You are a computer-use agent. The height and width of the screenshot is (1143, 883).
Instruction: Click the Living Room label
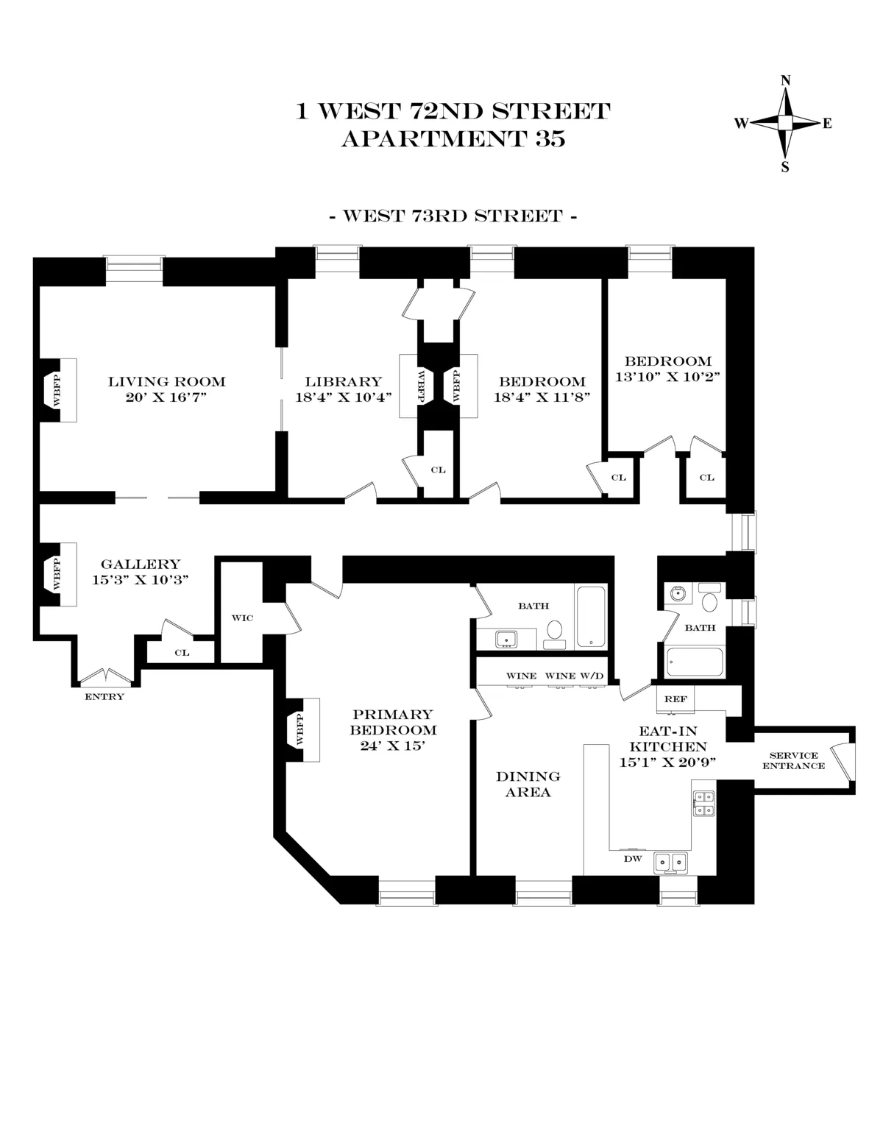pyautogui.click(x=166, y=381)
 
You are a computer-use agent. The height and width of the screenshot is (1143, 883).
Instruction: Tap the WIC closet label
pyautogui.click(x=242, y=617)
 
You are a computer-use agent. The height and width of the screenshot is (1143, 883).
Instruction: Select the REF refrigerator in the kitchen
pyautogui.click(x=675, y=698)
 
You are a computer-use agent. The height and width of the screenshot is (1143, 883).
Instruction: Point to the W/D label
pyautogui.click(x=591, y=676)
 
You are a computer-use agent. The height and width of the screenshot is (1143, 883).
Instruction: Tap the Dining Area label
pyautogui.click(x=528, y=785)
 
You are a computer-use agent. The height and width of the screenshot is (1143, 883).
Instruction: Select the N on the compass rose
pyautogui.click(x=785, y=80)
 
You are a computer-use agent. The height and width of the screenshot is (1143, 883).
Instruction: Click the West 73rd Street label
pyautogui.click(x=453, y=216)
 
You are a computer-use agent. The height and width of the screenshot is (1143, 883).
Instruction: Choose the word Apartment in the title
pyautogui.click(x=430, y=139)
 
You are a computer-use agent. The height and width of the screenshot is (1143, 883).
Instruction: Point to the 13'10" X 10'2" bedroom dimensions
pyautogui.click(x=667, y=376)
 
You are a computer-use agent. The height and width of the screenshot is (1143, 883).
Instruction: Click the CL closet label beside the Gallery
pyautogui.click(x=182, y=653)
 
